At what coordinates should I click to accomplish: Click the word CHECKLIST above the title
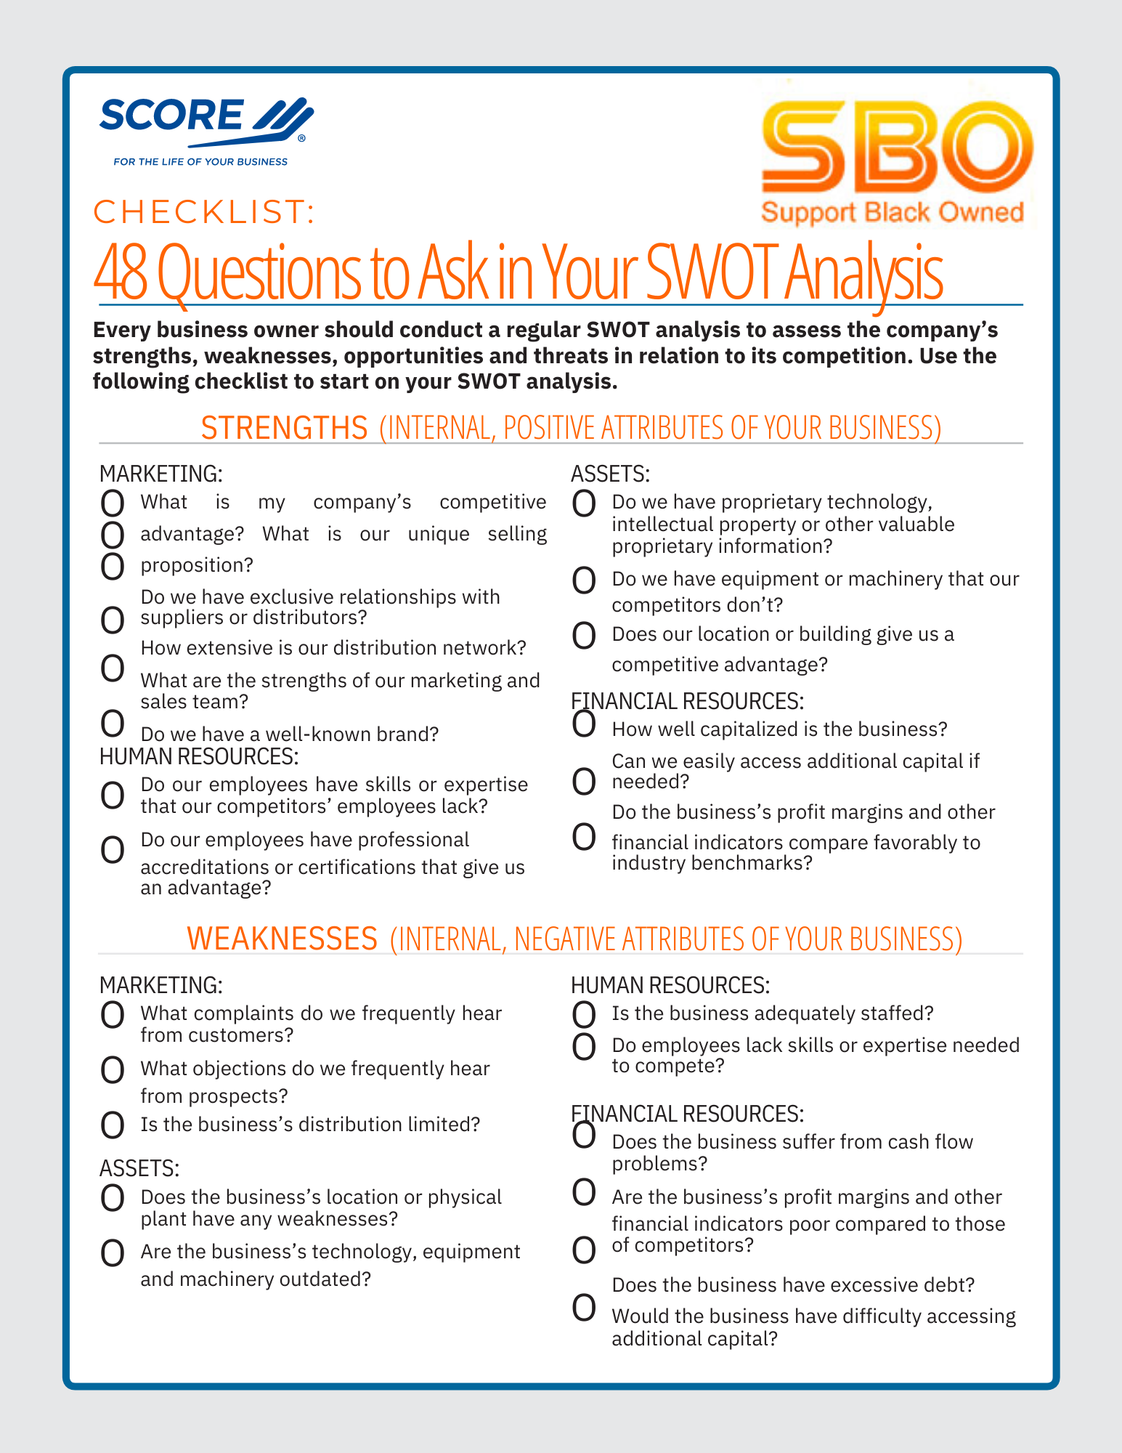pyautogui.click(x=204, y=211)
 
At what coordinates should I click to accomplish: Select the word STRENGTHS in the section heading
pyautogui.click(x=284, y=427)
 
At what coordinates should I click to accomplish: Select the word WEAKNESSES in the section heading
pyautogui.click(x=282, y=939)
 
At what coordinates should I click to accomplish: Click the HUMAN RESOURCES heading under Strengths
pyautogui.click(x=199, y=756)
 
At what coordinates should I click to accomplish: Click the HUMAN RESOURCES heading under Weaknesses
pyautogui.click(x=670, y=985)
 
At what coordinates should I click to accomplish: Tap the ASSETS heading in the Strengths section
pyautogui.click(x=610, y=474)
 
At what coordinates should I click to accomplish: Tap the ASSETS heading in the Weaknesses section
pyautogui.click(x=139, y=1168)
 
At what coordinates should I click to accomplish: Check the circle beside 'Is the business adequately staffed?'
pyautogui.click(x=584, y=1013)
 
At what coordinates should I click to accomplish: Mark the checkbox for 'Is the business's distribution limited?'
pyautogui.click(x=112, y=1125)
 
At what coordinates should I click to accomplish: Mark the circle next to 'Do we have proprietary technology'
pyautogui.click(x=584, y=503)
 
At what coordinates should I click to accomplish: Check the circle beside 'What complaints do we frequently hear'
pyautogui.click(x=112, y=1014)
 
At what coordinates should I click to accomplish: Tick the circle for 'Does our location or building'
pyautogui.click(x=584, y=636)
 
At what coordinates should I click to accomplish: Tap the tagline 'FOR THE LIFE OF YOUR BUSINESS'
pyautogui.click(x=200, y=161)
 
